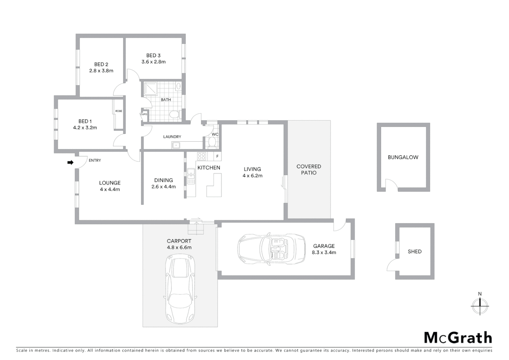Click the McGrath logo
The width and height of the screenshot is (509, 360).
pos(458,338)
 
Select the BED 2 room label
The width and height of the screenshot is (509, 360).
pos(101,64)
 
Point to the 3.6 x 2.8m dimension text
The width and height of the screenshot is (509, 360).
pos(153,62)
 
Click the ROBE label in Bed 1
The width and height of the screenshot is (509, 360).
pos(119,111)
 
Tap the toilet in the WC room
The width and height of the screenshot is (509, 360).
pos(212,143)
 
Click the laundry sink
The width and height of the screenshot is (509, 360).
pos(176,145)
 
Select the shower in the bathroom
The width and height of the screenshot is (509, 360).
pos(152,88)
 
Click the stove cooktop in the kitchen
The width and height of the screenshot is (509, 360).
pos(202,156)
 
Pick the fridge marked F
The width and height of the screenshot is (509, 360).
pos(217,156)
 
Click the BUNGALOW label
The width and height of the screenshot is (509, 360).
pos(403,157)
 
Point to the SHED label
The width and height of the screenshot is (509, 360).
pos(414,252)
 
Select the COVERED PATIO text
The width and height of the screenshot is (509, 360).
pos(308,169)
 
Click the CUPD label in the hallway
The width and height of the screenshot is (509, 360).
pos(144,114)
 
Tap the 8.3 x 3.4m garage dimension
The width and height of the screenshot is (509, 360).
pos(324,252)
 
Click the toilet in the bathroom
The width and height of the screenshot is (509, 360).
pos(174,115)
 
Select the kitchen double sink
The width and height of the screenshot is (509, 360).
pos(191,176)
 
